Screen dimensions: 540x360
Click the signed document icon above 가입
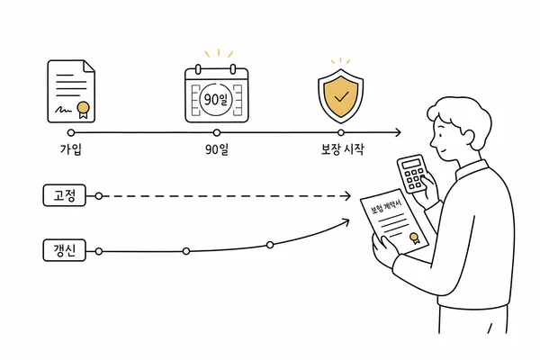(71, 91)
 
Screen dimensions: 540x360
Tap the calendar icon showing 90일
(217, 93)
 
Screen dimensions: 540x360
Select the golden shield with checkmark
(340, 96)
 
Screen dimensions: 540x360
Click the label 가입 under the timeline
(71, 149)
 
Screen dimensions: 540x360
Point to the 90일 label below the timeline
(217, 149)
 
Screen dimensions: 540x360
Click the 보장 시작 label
(342, 149)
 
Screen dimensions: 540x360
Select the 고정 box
(65, 195)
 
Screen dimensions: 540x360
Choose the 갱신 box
(65, 250)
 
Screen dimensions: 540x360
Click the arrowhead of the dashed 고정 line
(347, 196)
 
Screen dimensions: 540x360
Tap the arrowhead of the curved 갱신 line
(346, 221)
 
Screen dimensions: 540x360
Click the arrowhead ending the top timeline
(398, 132)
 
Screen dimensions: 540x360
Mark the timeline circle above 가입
(71, 132)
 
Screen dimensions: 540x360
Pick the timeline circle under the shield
(341, 132)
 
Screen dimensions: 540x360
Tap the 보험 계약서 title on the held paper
(386, 207)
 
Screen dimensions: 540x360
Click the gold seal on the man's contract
(415, 238)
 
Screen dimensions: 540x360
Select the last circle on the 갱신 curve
(270, 245)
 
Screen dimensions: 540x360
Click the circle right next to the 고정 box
(99, 196)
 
